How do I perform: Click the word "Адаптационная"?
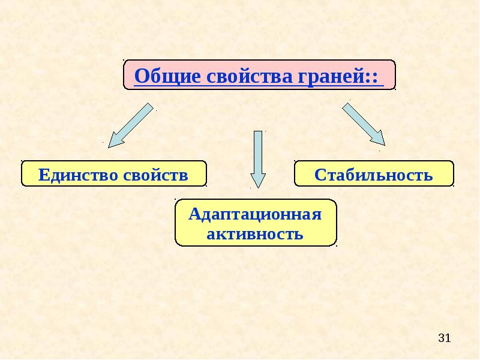[255, 214]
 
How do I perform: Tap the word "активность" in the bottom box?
[255, 233]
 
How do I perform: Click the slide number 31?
[444, 338]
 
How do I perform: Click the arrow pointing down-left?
[131, 124]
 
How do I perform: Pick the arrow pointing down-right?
[363, 124]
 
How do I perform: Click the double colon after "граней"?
[377, 77]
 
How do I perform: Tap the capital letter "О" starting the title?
[141, 76]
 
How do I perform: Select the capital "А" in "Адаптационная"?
[194, 214]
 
